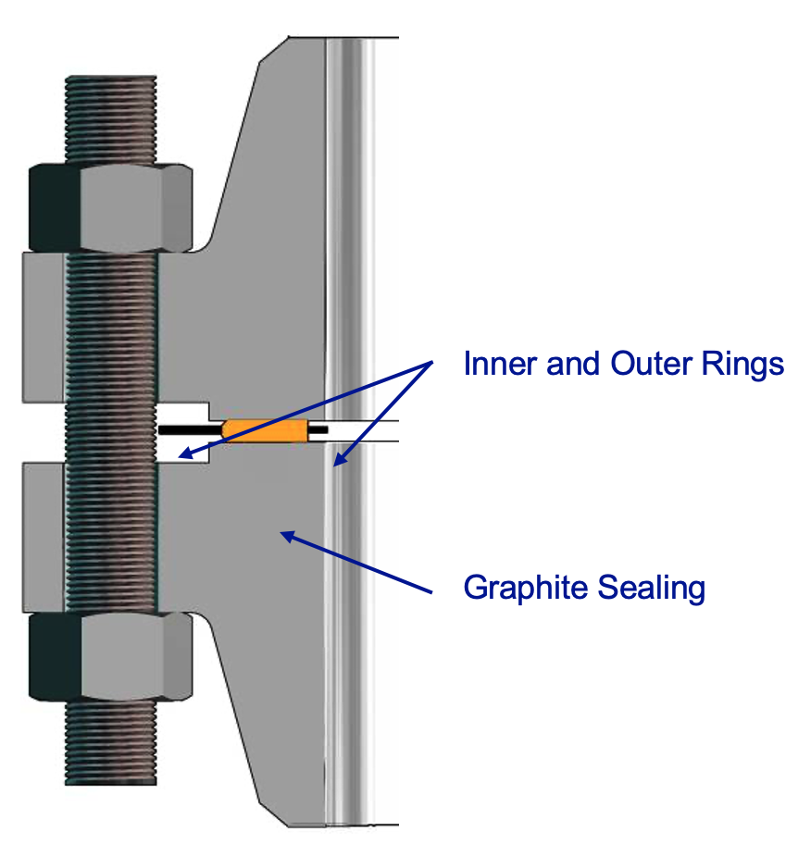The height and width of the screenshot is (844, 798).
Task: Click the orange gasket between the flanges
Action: (266, 430)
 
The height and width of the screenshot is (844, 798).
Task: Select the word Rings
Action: (744, 365)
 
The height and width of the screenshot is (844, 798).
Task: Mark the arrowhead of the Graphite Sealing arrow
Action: (288, 534)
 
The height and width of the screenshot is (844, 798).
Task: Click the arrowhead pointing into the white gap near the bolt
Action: (183, 453)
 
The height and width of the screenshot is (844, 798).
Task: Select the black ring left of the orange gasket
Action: (191, 430)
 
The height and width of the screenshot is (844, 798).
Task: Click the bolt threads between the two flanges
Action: (111, 430)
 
